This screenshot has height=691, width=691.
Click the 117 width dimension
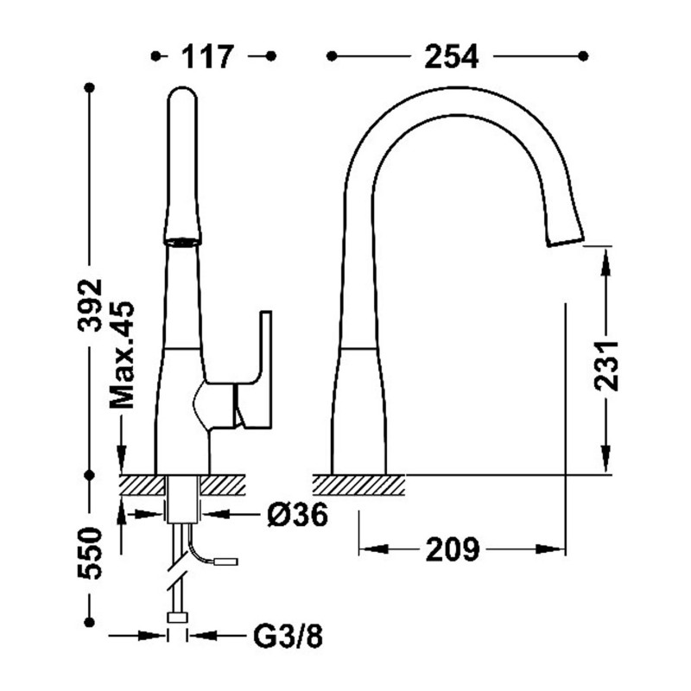(207, 57)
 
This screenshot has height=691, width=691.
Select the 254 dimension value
(451, 57)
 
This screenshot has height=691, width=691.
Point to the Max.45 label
(123, 355)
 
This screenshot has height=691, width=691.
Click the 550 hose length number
(89, 553)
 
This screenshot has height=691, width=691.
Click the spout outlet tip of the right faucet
(566, 240)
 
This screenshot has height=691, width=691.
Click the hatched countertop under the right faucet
(358, 485)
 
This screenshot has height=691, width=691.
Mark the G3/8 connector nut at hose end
(179, 617)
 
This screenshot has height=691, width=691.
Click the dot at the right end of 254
(583, 57)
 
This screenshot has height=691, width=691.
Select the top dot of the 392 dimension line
(89, 87)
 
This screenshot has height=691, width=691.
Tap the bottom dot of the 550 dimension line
(89, 622)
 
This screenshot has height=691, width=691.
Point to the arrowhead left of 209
(368, 549)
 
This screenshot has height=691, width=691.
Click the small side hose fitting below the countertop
(227, 562)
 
